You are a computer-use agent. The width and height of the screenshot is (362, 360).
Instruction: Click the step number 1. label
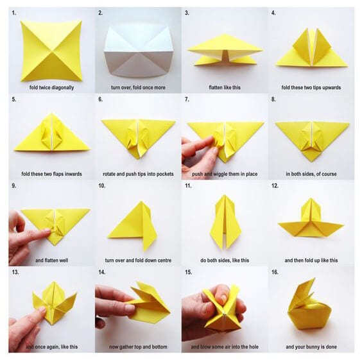14,13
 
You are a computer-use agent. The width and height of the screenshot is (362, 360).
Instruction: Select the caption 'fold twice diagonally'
51,87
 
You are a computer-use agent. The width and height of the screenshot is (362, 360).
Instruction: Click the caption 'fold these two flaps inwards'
51,174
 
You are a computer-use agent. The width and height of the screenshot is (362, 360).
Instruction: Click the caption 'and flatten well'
51,261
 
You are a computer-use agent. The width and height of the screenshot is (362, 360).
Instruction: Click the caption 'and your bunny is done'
311,347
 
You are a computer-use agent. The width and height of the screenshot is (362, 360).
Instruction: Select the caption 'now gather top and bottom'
137,347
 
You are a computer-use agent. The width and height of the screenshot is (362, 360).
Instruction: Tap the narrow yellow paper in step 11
225,221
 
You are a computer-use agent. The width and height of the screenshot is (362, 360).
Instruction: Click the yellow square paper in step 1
51,49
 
